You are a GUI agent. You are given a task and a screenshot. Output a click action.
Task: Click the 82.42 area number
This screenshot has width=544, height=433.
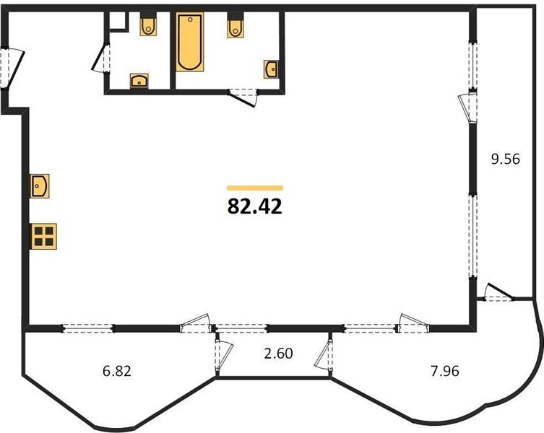(x=254, y=207)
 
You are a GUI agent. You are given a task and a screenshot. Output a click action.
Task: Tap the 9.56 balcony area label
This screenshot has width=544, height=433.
(x=506, y=159)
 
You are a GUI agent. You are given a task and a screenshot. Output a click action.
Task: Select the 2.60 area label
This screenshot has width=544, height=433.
(x=278, y=354)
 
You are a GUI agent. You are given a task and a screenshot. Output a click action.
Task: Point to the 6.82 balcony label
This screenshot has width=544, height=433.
(x=117, y=371)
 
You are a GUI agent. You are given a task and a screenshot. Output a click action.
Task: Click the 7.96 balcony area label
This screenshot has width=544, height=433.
(x=445, y=371)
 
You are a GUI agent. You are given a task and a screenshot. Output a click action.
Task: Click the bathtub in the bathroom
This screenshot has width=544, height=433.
(x=189, y=42)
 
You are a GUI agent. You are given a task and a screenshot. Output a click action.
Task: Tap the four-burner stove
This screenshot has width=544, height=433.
(x=44, y=237)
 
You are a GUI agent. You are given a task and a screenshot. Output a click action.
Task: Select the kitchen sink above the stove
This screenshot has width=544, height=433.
(x=40, y=185)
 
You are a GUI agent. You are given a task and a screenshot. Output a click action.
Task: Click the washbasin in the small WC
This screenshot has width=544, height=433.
(x=139, y=81)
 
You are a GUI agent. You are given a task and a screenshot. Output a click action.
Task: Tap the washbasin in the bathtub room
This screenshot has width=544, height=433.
(x=271, y=69)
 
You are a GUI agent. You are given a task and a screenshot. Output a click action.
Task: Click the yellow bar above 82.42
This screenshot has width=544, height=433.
(x=255, y=188)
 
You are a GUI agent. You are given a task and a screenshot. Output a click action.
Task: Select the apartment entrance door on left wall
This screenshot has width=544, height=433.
(x=13, y=69)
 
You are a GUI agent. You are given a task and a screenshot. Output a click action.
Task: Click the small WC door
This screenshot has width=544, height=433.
(x=100, y=58)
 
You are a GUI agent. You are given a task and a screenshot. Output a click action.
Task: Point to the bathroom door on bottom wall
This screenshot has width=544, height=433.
(x=243, y=97)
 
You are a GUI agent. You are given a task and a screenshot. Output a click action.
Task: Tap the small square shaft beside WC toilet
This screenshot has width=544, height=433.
(x=117, y=22)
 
